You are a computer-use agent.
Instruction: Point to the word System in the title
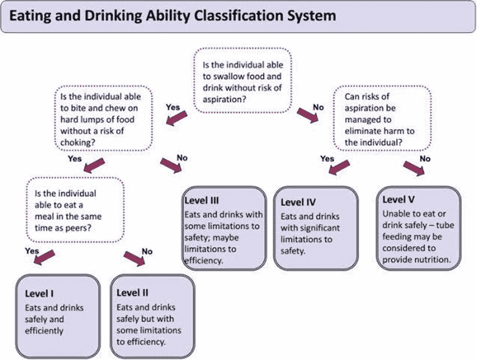point(296,14)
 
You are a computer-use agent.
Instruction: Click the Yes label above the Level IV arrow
point(327,158)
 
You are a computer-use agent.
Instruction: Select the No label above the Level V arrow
point(425,158)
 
